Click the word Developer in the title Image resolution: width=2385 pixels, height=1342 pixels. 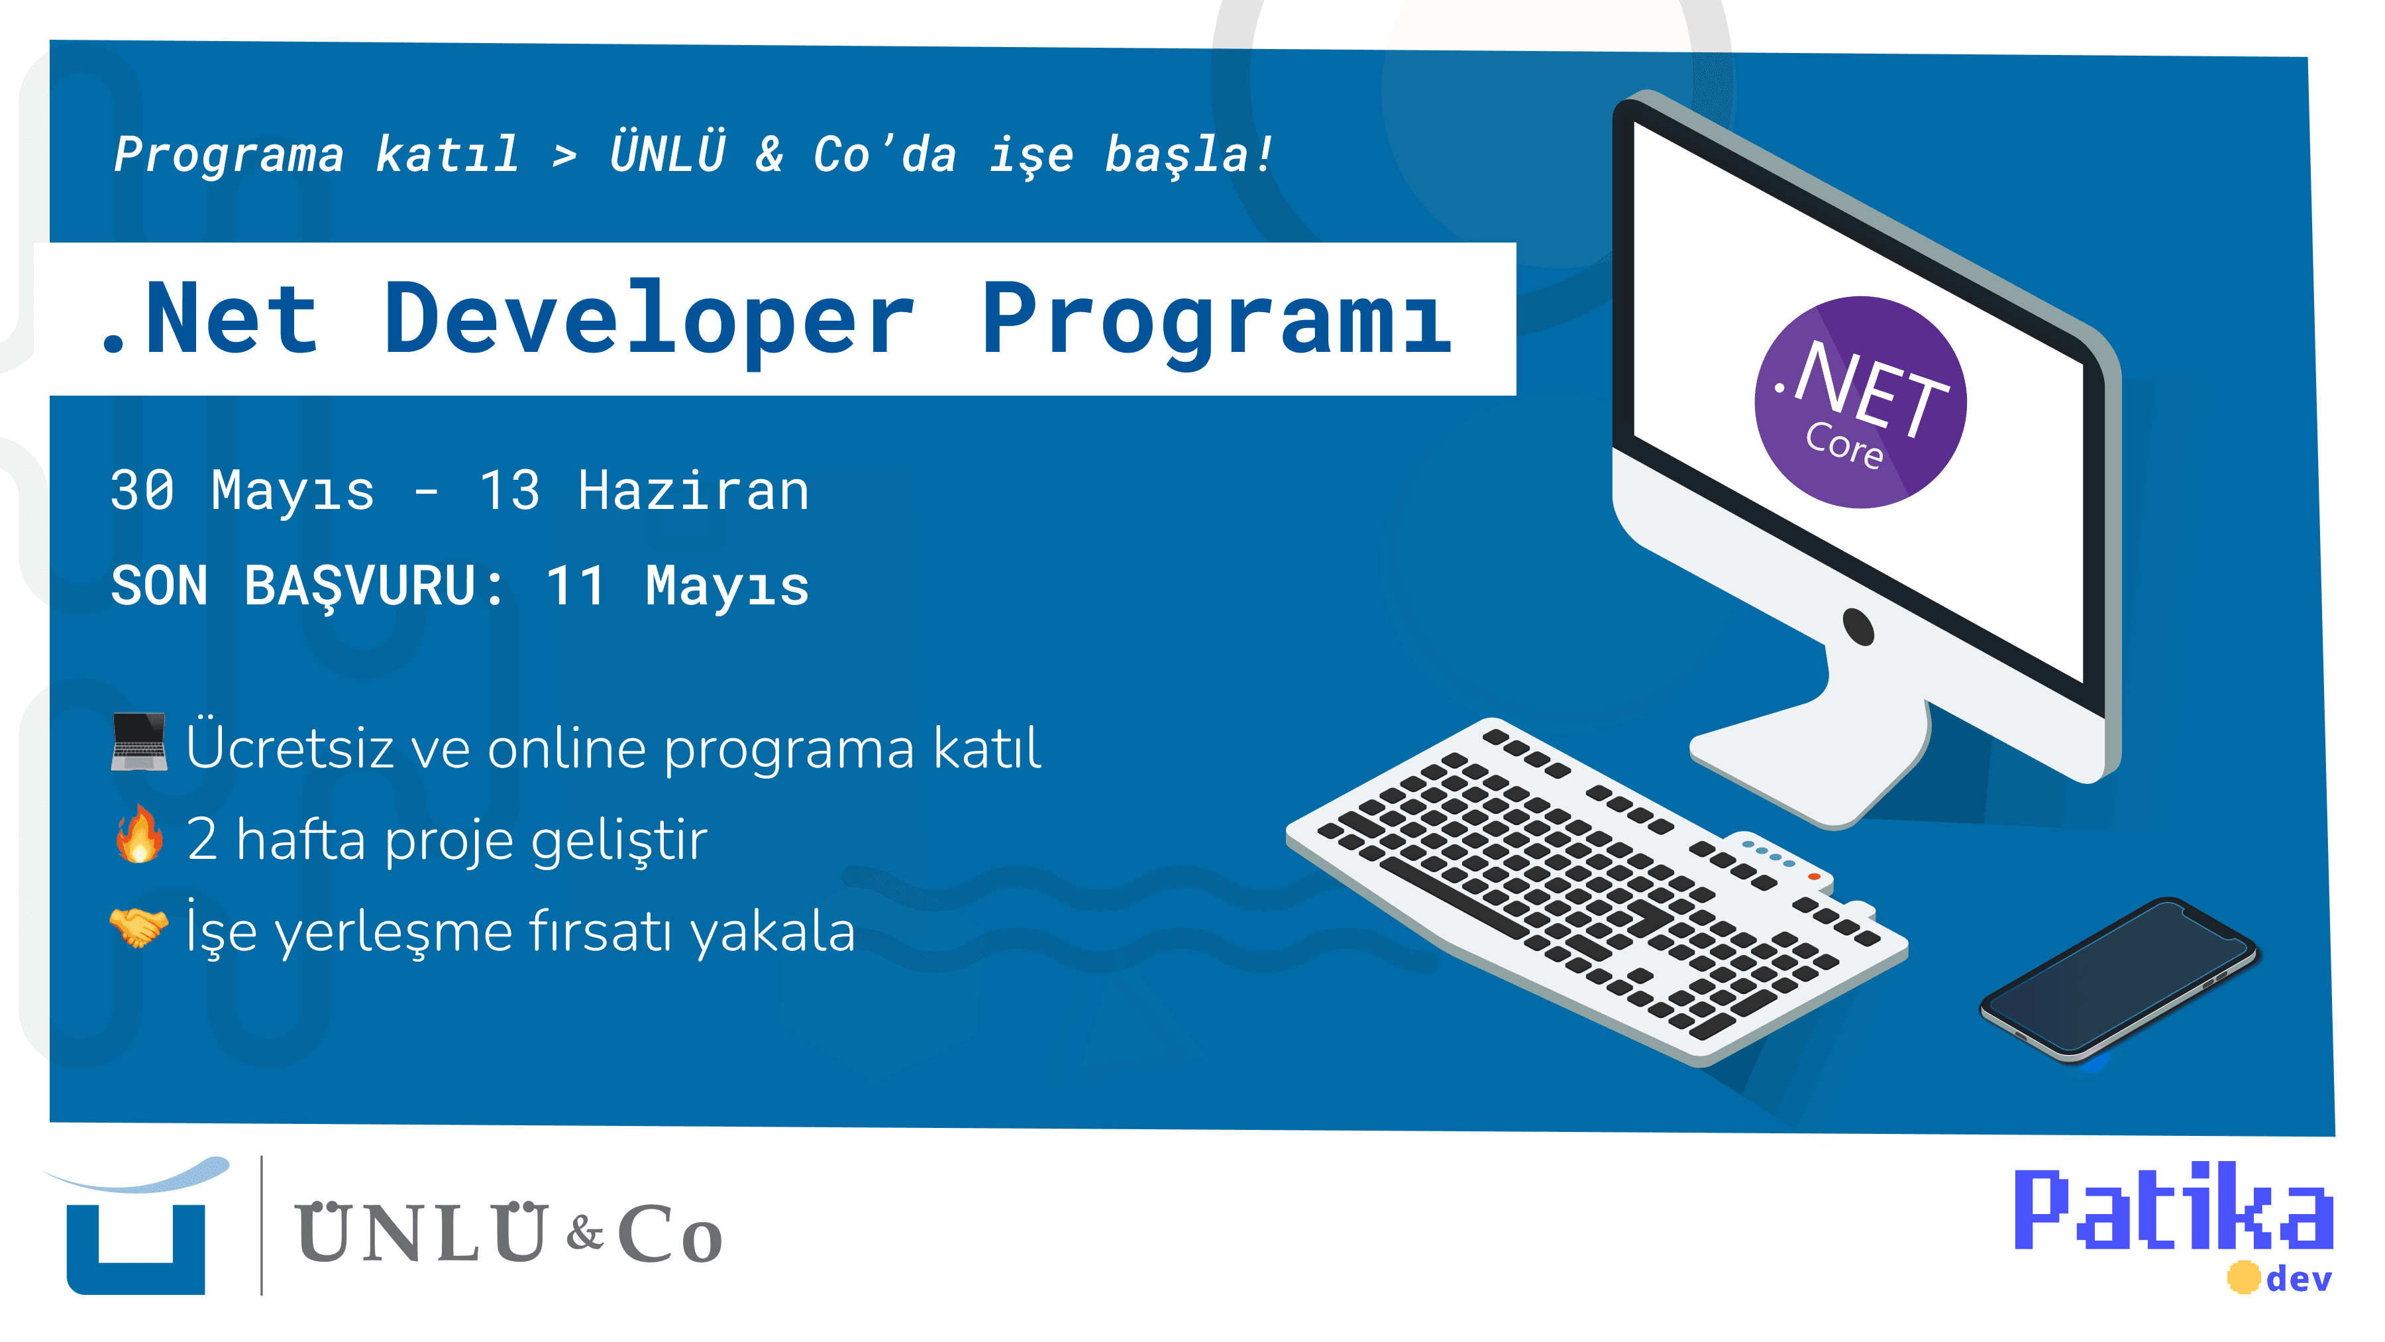click(x=650, y=319)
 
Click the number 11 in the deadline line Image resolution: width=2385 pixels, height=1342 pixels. click(x=576, y=587)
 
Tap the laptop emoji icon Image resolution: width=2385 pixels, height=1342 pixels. click(x=139, y=742)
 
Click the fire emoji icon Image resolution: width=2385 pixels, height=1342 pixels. click(x=140, y=834)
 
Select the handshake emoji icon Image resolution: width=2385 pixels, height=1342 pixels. click(x=139, y=927)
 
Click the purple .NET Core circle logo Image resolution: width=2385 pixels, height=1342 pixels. click(x=1860, y=402)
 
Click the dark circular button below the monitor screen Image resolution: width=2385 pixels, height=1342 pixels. click(x=1858, y=627)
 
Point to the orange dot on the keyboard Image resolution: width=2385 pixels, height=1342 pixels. click(x=1814, y=876)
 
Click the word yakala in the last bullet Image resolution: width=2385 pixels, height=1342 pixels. click(x=773, y=932)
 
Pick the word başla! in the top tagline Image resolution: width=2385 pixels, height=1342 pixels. click(x=1189, y=154)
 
